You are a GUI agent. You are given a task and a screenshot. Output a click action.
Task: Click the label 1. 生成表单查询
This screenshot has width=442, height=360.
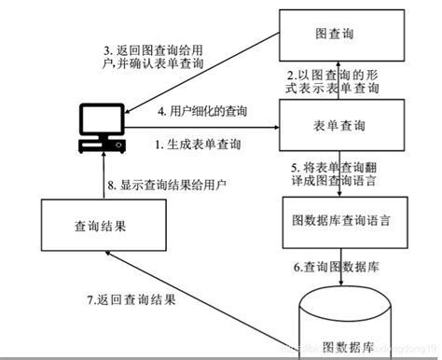pos(198,145)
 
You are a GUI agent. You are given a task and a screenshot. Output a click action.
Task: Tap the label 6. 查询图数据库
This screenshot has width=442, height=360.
pos(336,267)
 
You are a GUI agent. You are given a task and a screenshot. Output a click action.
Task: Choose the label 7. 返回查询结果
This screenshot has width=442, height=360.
pos(131,300)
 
